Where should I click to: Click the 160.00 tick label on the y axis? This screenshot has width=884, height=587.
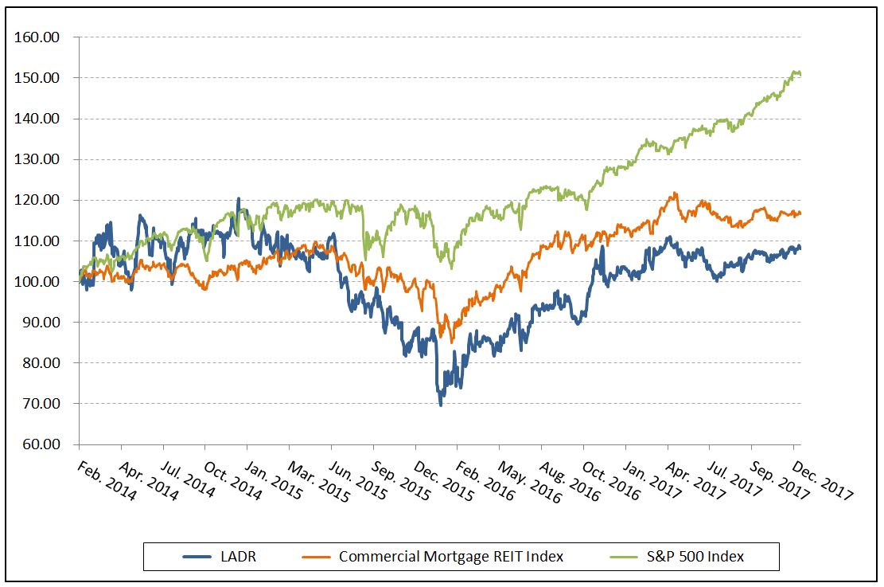click(41, 37)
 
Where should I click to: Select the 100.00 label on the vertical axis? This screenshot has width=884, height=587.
click(41, 282)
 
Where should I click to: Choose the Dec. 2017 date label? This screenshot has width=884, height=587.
click(823, 481)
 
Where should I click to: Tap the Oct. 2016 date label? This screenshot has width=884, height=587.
click(613, 481)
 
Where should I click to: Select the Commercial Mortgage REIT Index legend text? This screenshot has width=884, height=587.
click(451, 557)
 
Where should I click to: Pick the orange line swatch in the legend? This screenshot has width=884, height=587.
click(316, 557)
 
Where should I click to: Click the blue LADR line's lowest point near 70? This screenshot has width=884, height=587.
click(441, 405)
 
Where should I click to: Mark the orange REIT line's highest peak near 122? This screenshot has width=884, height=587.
click(675, 193)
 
